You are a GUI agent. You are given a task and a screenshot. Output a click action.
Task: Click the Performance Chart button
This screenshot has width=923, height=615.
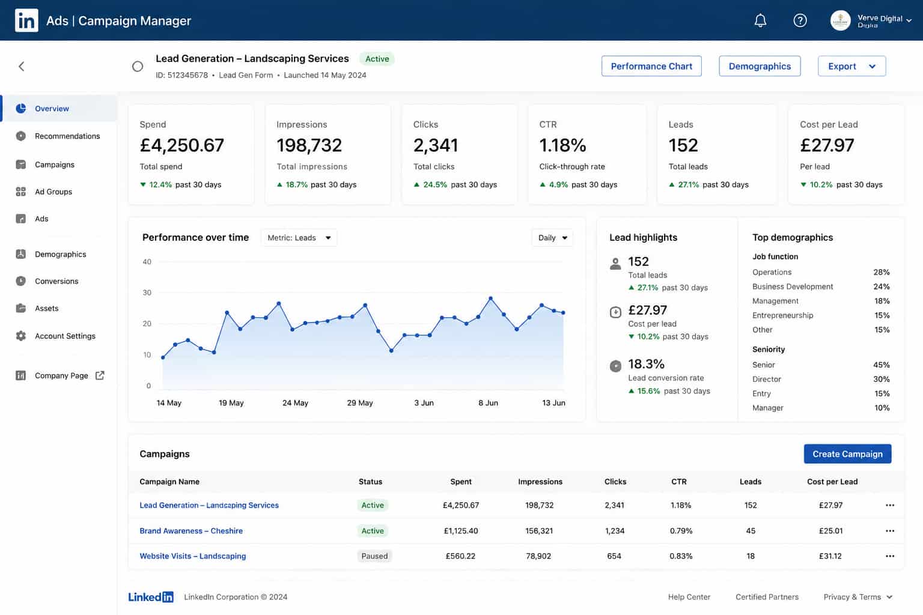coord(651,66)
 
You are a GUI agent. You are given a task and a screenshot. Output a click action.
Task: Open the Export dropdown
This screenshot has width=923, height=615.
coord(851,66)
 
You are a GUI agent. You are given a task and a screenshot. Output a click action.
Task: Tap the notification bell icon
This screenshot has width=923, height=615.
coord(760,20)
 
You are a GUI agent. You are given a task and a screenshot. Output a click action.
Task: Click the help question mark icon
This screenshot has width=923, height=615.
coord(800,20)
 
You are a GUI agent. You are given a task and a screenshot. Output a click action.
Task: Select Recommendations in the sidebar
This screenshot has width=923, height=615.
coord(67,136)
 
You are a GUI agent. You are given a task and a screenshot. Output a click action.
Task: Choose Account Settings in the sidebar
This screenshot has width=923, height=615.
coord(65,336)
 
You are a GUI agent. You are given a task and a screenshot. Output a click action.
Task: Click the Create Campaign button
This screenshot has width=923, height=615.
coord(847,453)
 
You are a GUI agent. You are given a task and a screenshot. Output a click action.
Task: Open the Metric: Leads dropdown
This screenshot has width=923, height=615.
coord(299,238)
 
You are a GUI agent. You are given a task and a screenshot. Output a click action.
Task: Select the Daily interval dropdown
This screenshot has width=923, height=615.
coord(552,238)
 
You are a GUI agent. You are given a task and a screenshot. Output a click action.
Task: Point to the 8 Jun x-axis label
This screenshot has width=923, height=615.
coord(488,402)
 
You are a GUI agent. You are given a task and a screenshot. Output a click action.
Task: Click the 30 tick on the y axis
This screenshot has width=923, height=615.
coord(147,292)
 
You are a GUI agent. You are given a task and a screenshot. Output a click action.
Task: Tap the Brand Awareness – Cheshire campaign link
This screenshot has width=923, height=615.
coord(190,530)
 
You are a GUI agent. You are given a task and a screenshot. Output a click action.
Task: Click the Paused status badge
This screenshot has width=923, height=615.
coord(374,556)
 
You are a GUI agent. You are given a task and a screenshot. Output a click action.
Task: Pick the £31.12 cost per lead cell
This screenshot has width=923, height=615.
coord(830,556)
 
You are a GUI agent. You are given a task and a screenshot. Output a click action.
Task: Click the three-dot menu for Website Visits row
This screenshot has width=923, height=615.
coord(889,556)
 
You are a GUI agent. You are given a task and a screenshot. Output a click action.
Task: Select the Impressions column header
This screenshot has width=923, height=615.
coord(540,481)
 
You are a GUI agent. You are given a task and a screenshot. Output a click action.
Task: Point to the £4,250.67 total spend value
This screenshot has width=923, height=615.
coord(181,145)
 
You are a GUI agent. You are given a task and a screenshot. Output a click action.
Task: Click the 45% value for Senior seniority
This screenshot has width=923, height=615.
coord(881,365)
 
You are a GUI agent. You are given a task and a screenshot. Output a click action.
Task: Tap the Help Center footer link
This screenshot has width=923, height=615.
coord(689,596)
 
